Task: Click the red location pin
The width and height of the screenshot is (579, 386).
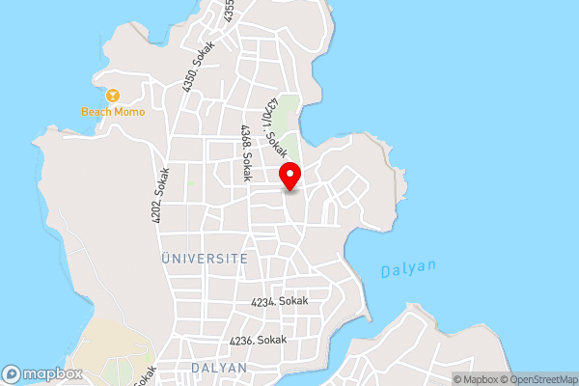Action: [x=290, y=177]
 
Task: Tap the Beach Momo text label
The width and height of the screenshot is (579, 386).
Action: [x=113, y=112]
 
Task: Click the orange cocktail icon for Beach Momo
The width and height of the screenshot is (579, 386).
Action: [x=113, y=96]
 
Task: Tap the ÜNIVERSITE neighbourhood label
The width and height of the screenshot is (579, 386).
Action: [x=204, y=259]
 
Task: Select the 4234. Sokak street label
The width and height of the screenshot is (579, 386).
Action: [x=279, y=302]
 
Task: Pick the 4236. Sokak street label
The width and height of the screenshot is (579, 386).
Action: [x=258, y=341]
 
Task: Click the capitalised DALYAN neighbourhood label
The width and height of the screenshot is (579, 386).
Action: [x=218, y=369]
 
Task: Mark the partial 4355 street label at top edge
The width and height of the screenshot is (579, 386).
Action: [x=230, y=10]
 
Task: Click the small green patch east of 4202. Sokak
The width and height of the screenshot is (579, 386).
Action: [x=192, y=182]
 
